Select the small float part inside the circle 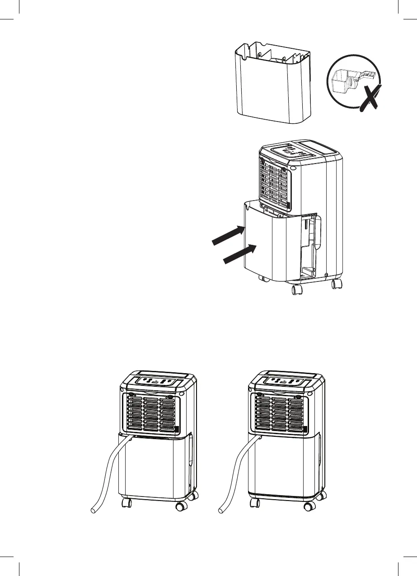pyautogui.click(x=343, y=83)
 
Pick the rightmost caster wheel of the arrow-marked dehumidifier pyautogui.click(x=336, y=285)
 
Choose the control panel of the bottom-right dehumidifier pyautogui.click(x=284, y=381)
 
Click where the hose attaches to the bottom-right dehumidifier pyautogui.click(x=259, y=438)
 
